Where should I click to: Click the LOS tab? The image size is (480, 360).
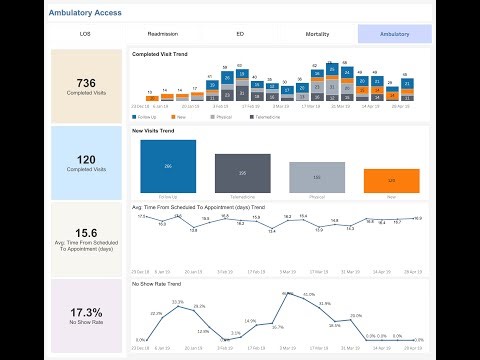point(85,34)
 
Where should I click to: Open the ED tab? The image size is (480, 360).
point(240,34)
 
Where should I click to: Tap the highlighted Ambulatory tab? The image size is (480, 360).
point(394,34)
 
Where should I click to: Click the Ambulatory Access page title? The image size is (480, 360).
point(88,13)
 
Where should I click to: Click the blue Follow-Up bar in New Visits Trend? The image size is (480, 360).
point(168,166)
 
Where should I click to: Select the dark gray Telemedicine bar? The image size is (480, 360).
point(242,173)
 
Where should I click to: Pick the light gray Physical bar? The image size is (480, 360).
point(316,177)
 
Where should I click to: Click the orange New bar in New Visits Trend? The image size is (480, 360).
point(391,181)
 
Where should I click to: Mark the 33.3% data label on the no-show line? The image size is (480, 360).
point(177,301)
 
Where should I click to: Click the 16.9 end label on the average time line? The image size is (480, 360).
point(416,218)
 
